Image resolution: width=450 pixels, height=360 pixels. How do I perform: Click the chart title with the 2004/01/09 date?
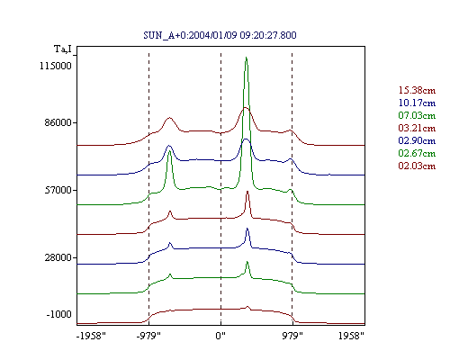(x=220, y=35)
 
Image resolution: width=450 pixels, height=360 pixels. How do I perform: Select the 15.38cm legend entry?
(x=417, y=90)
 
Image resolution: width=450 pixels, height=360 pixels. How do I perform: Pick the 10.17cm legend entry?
(x=417, y=103)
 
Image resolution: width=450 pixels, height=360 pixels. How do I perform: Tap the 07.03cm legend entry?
(x=417, y=115)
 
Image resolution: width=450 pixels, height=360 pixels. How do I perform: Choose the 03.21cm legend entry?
(x=417, y=128)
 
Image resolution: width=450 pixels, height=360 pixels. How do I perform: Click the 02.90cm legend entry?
(x=417, y=140)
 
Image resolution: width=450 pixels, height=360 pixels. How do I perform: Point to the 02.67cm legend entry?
(x=417, y=153)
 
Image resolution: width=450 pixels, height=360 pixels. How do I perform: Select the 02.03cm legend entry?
(x=417, y=166)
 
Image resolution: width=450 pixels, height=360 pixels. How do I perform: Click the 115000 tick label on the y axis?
(x=56, y=66)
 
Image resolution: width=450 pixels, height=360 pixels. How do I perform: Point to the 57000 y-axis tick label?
(x=58, y=190)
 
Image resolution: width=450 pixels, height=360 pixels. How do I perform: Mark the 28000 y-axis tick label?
(x=58, y=257)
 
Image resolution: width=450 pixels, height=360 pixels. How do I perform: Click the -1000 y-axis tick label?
(x=59, y=314)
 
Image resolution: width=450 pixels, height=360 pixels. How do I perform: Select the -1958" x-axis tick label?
(x=91, y=336)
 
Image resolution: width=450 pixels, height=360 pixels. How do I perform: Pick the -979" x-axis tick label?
(x=148, y=336)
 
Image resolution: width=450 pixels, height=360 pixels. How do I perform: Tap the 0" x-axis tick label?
(x=220, y=336)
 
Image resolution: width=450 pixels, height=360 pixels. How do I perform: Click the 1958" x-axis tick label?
(x=351, y=336)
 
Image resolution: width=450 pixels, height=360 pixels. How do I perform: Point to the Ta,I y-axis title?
(x=63, y=49)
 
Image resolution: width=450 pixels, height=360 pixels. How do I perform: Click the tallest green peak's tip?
(x=246, y=57)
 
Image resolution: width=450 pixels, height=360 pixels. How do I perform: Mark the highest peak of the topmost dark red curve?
(x=246, y=107)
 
